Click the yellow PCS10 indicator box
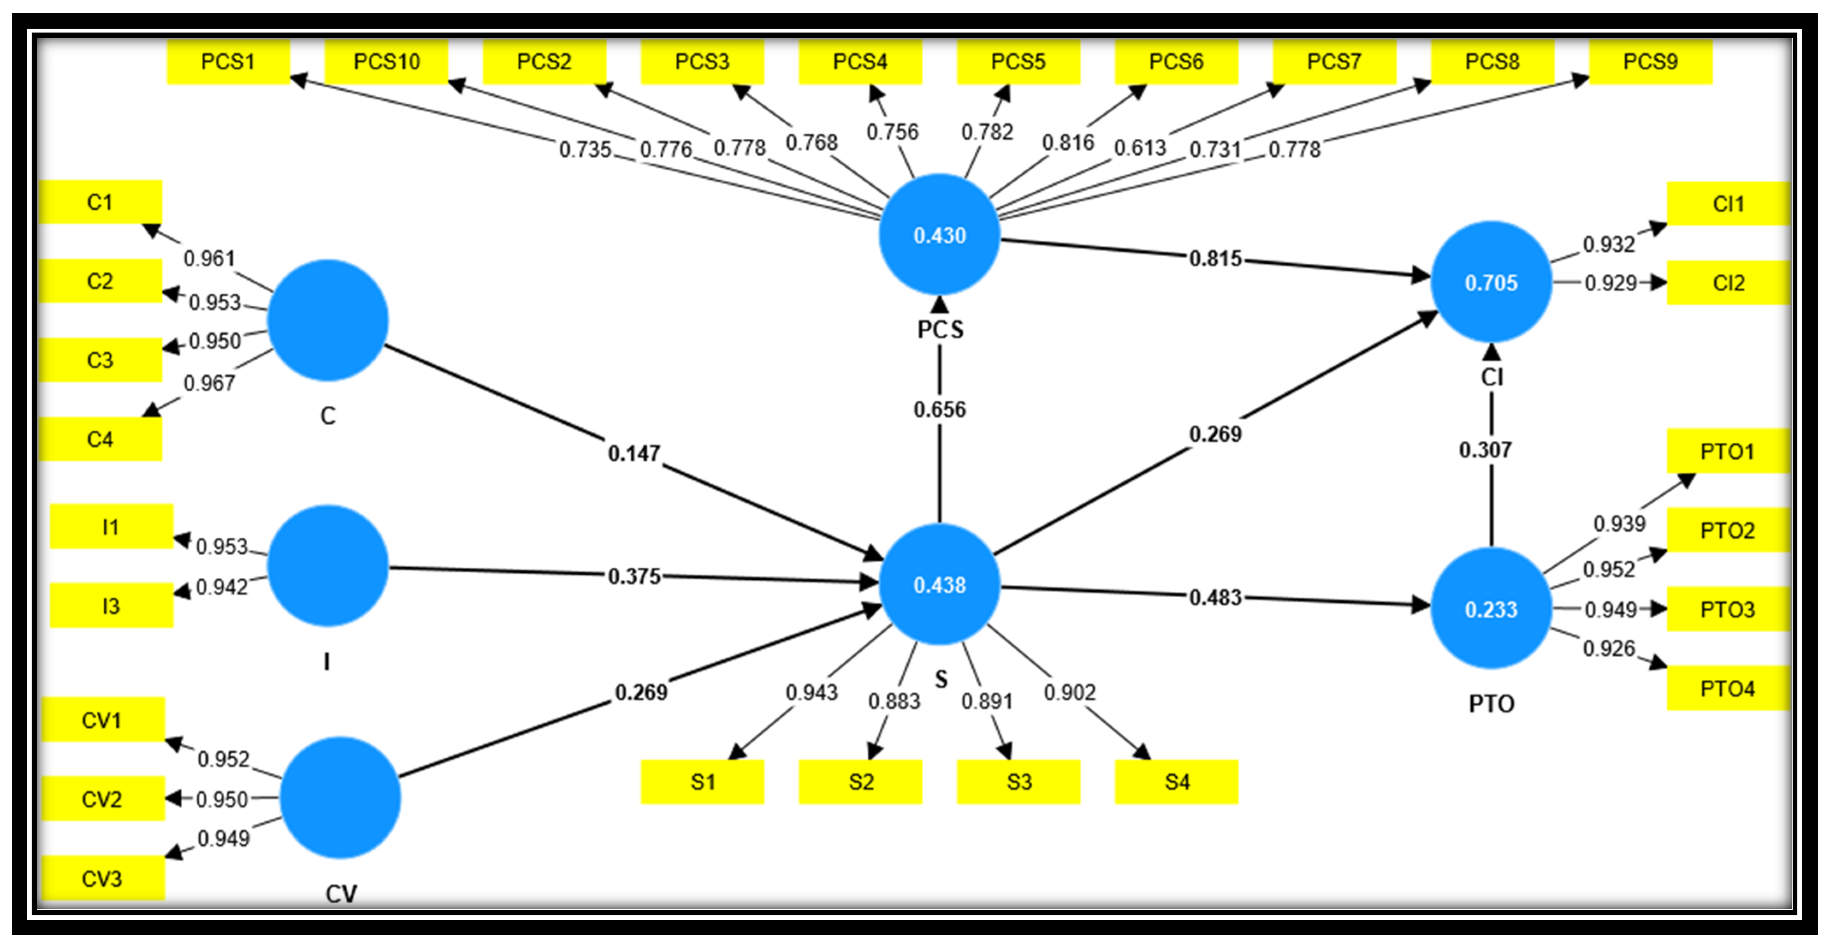coord(386,62)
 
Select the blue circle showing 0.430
coord(940,235)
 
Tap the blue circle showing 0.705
coord(1491,282)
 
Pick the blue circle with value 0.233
coord(1491,609)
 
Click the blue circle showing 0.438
coord(940,585)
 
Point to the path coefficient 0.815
coord(1215,259)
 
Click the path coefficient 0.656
coord(940,410)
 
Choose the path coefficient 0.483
coord(1215,598)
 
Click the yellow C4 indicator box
coord(100,439)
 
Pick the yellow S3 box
coord(1018,782)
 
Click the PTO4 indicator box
coord(1728,688)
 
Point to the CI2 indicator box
coord(1728,283)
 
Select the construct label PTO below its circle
coord(1491,704)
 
